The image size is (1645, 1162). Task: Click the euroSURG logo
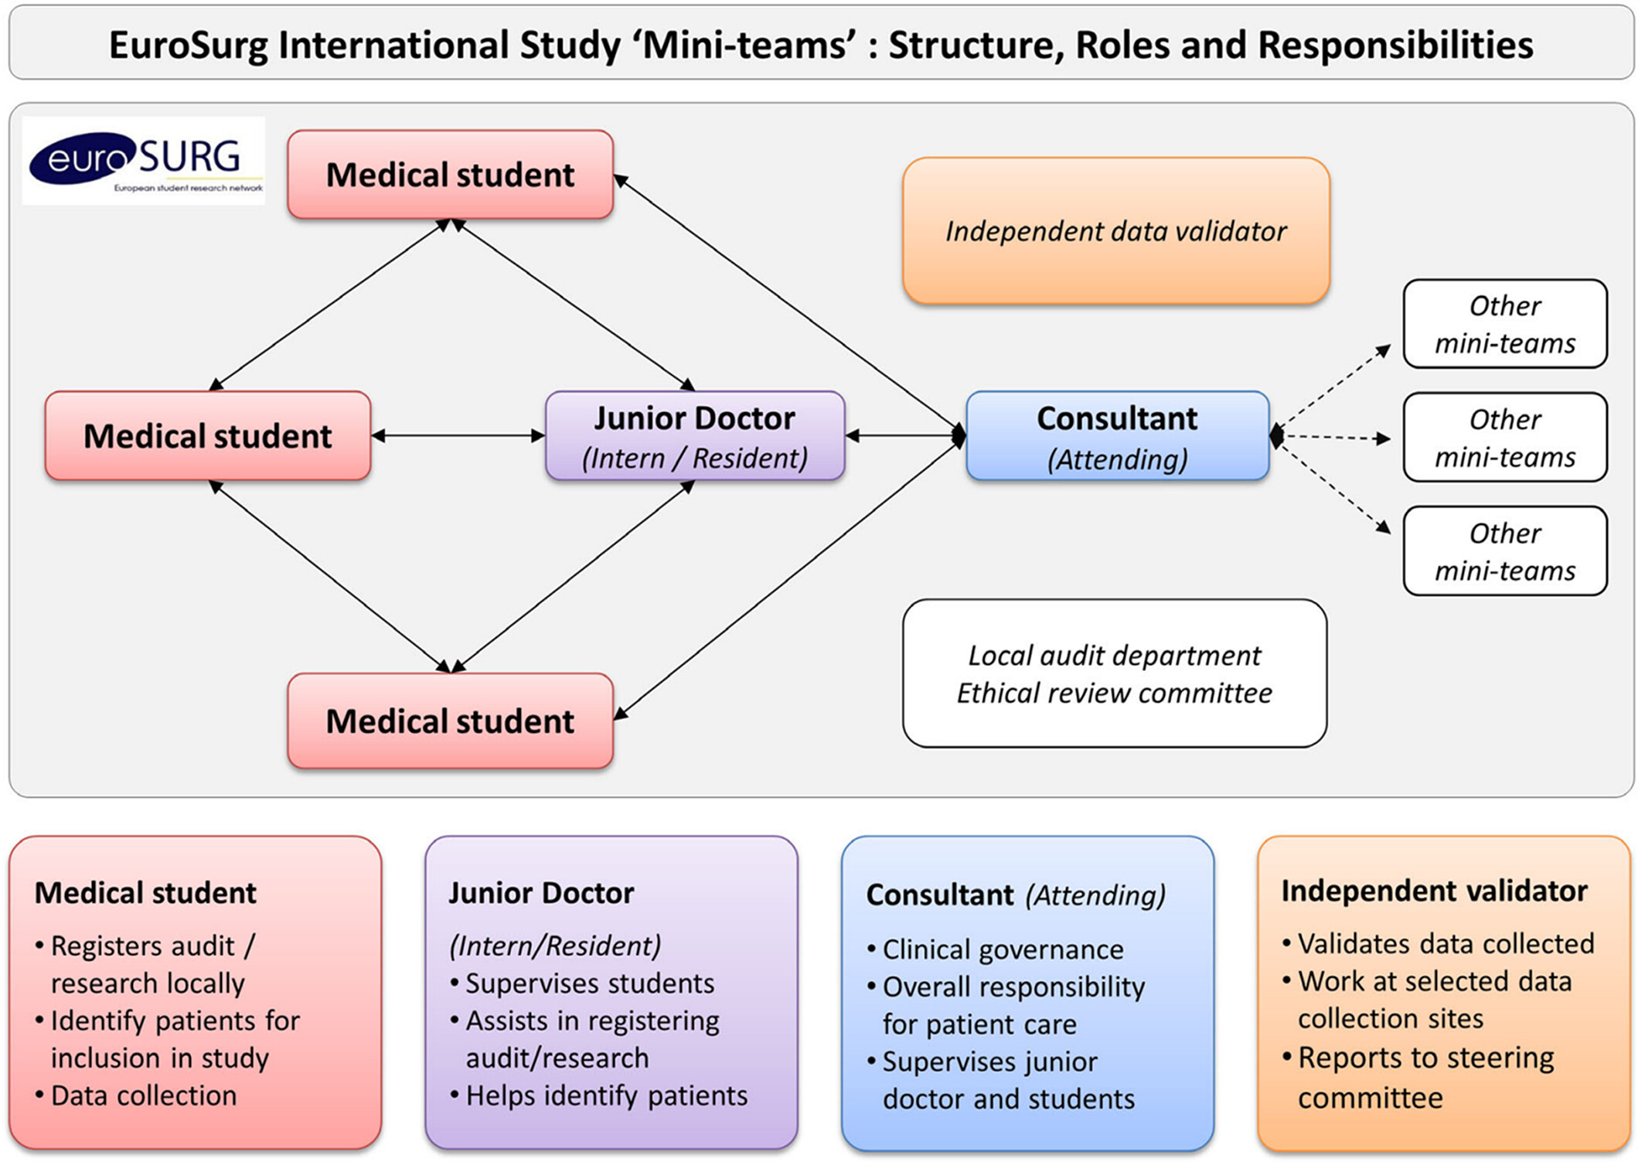point(144,161)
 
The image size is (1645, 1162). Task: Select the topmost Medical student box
point(451,175)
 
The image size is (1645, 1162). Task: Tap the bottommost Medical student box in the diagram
point(451,721)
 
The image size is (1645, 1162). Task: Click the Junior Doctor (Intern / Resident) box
point(695,436)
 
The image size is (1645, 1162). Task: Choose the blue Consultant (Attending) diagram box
point(1118,436)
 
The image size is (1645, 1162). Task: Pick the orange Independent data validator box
point(1116,230)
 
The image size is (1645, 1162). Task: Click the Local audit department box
point(1115,673)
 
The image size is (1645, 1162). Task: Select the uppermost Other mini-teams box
point(1505,324)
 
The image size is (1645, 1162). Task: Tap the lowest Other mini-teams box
point(1505,551)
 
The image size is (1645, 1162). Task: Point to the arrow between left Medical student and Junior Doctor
point(458,436)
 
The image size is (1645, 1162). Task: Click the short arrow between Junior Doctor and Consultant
point(905,436)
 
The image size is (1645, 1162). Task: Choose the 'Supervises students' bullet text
point(583,983)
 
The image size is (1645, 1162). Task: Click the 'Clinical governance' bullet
point(996,949)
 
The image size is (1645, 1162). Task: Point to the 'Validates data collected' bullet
point(1439,944)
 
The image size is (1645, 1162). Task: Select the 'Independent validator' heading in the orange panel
point(1435,891)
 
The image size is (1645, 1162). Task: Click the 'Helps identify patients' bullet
point(599,1096)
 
